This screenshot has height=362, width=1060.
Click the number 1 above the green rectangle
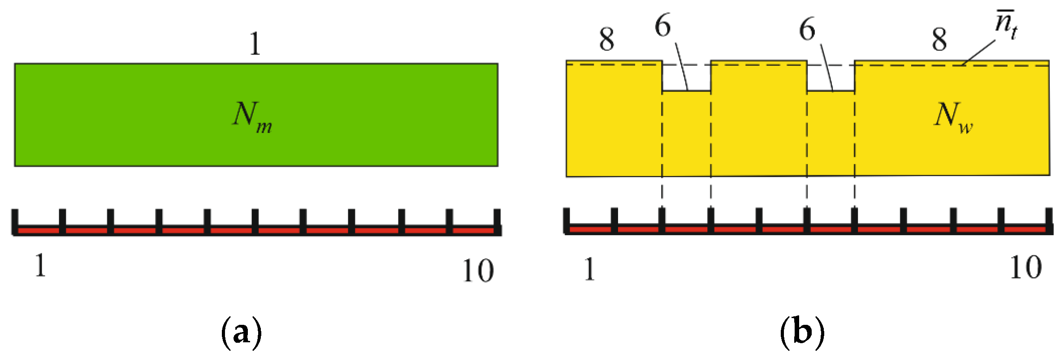[x=255, y=44]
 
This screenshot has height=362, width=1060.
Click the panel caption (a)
[x=242, y=332]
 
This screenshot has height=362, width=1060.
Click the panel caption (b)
[x=802, y=332]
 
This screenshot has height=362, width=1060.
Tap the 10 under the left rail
[x=478, y=270]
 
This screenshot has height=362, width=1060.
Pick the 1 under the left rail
[x=40, y=265]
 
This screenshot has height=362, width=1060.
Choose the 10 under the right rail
[x=1026, y=267]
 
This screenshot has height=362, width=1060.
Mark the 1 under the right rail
[x=589, y=269]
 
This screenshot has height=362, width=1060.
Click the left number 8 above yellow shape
[x=606, y=39]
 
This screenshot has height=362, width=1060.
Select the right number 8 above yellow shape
[x=939, y=39]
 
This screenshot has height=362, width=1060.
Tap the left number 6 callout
[x=663, y=26]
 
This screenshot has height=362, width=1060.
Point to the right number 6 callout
[x=807, y=30]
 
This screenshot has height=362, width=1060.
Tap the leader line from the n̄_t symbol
[x=979, y=52]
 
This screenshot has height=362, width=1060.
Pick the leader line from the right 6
[x=827, y=67]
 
